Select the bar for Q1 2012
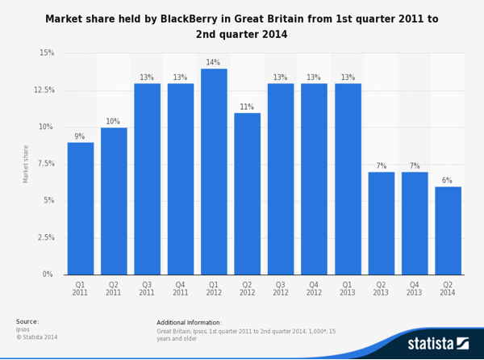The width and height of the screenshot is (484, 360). [214, 171]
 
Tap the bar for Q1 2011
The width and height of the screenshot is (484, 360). [80, 208]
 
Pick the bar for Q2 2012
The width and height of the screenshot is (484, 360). [247, 194]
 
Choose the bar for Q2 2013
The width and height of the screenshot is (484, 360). [381, 223]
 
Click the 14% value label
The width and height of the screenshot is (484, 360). [213, 63]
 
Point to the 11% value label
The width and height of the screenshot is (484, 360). [247, 107]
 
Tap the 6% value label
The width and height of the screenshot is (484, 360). [447, 181]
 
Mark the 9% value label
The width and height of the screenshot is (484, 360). [80, 136]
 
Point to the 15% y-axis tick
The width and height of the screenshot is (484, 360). [47, 53]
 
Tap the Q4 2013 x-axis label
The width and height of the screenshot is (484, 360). [414, 289]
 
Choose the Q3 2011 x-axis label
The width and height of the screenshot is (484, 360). [147, 289]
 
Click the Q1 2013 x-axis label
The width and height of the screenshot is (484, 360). [347, 289]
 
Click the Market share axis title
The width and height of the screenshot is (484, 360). [26, 164]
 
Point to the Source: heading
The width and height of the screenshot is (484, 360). [27, 321]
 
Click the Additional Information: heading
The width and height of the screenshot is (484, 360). [190, 322]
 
